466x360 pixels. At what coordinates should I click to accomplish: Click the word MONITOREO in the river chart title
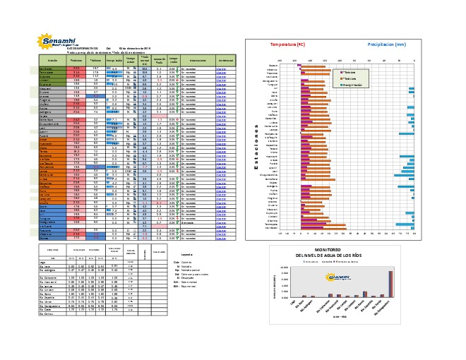point(348,250)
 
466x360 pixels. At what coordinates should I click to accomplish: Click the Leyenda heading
point(186,254)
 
